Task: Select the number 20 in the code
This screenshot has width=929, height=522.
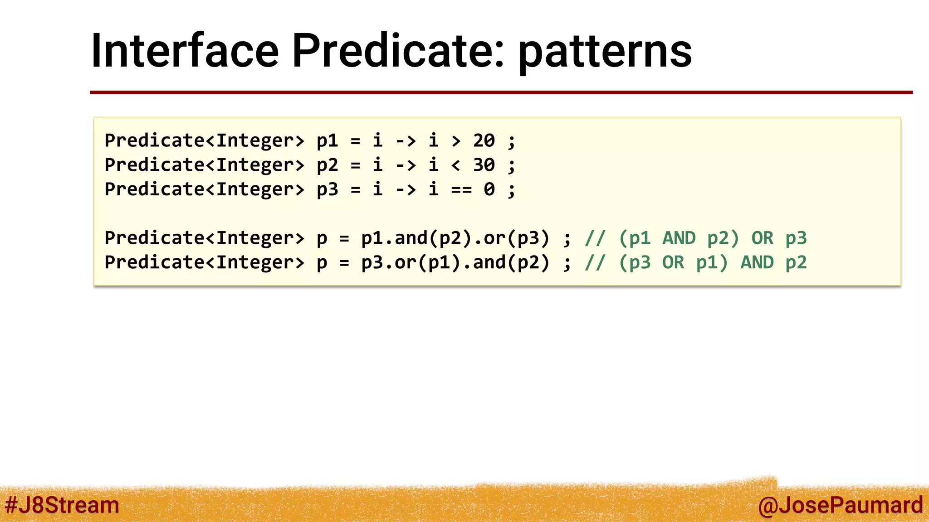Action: (x=484, y=140)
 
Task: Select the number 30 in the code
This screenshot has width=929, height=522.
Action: (x=484, y=165)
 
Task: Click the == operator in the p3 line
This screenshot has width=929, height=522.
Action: (x=461, y=189)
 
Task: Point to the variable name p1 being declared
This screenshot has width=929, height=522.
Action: (x=327, y=141)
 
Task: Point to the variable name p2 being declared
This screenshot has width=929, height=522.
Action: (x=327, y=165)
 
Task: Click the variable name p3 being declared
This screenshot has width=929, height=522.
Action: (x=327, y=190)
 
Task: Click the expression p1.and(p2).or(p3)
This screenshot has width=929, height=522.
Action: (x=455, y=238)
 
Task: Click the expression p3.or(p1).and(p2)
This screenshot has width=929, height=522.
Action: (x=455, y=262)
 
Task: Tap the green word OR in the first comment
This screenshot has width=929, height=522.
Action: (x=762, y=238)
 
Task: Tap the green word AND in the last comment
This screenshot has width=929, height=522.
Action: (x=757, y=262)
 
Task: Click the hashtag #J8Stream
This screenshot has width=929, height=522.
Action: (x=62, y=505)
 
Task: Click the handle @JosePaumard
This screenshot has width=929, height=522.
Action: (x=840, y=505)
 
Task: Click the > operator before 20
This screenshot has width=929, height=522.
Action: (x=456, y=141)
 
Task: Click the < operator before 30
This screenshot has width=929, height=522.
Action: (x=456, y=165)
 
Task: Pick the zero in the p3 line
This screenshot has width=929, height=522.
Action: (x=489, y=189)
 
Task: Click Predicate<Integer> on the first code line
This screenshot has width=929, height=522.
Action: (x=204, y=141)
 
